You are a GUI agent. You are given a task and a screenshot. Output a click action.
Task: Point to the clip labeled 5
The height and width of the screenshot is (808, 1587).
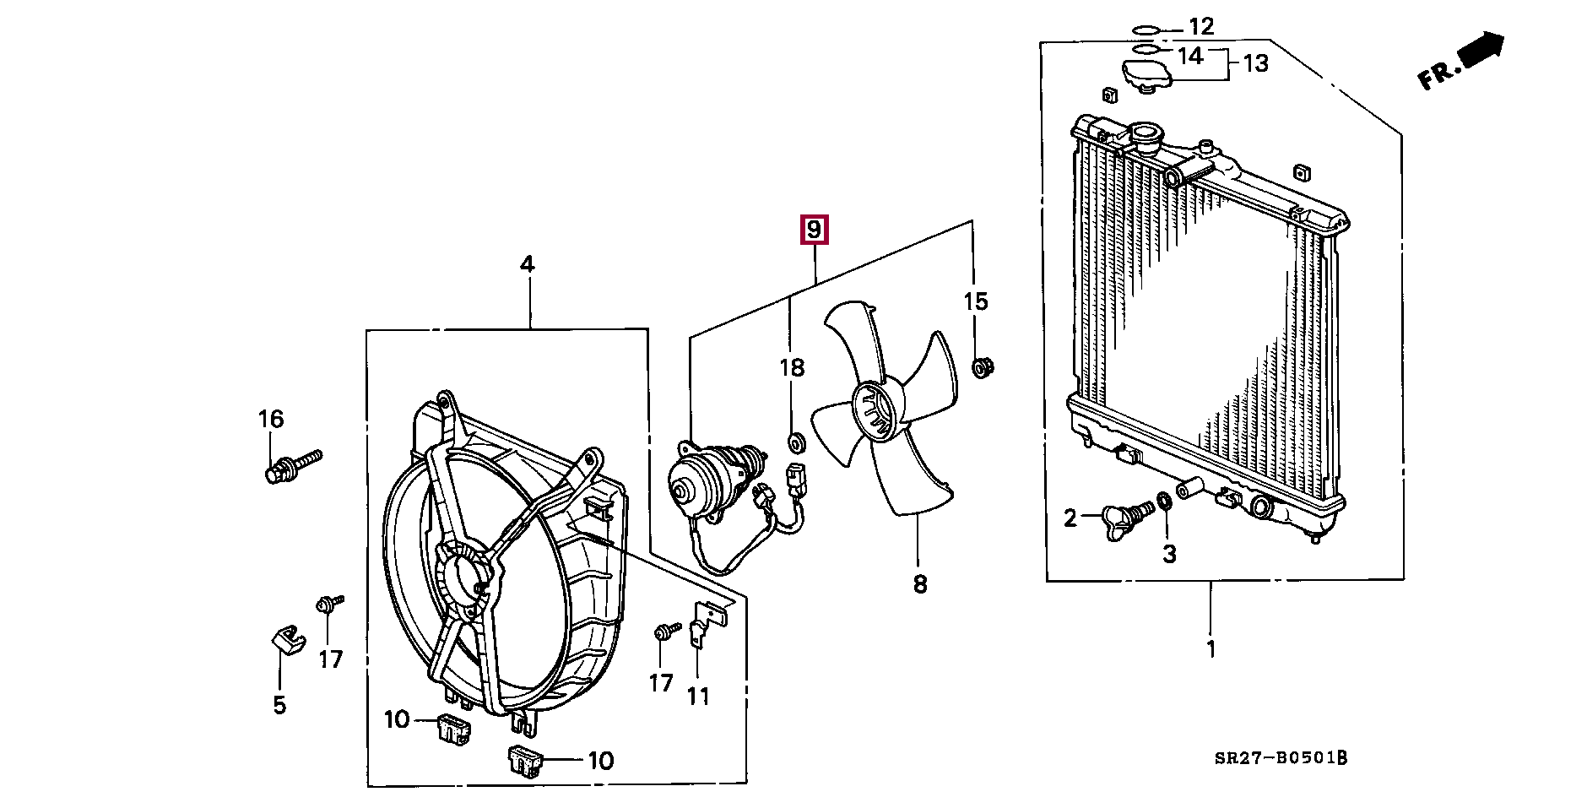[x=287, y=638]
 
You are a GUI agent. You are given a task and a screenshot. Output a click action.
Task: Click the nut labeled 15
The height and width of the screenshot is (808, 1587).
[x=981, y=369]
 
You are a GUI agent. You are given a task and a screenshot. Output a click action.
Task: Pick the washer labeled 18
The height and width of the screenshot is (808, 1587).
[x=795, y=442]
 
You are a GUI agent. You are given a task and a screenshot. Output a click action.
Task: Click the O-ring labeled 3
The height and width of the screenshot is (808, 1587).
[x=1164, y=502]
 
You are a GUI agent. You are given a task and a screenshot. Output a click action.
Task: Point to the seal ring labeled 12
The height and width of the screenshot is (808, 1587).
[x=1146, y=30]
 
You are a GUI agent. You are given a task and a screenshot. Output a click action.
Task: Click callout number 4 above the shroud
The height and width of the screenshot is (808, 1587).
[x=527, y=264]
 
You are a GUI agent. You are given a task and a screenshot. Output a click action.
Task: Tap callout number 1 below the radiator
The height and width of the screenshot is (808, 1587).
[x=1211, y=649]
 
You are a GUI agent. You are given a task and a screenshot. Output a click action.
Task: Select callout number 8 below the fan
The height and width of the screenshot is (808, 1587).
[x=920, y=583]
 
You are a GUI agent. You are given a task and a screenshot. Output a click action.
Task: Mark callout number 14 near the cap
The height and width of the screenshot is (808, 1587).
[x=1189, y=57]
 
